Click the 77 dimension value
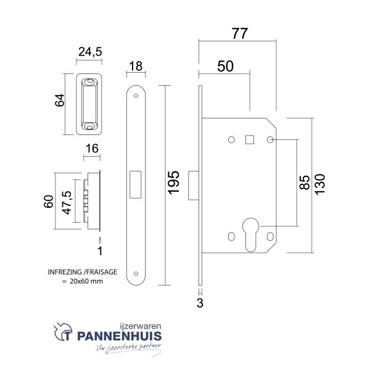click(240, 33)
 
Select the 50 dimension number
click(225, 66)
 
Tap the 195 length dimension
click(174, 183)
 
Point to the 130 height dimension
click(320, 184)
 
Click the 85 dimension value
click(305, 183)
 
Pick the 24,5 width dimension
click(90, 52)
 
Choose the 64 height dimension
click(60, 101)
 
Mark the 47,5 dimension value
click(67, 203)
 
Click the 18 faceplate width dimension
click(136, 67)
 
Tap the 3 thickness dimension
click(200, 303)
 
